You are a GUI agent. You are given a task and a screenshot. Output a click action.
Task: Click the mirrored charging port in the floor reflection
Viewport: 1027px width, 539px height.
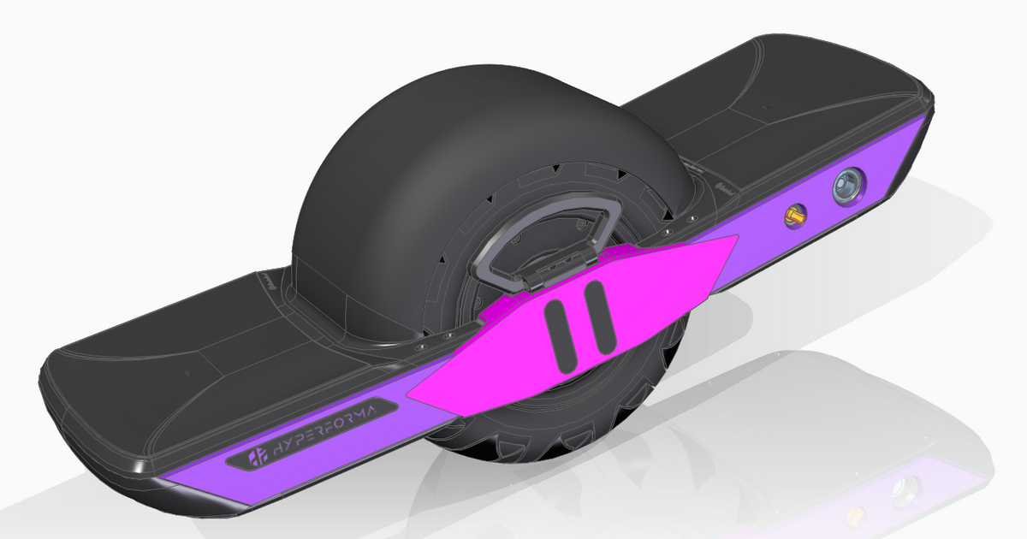click(905, 491)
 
